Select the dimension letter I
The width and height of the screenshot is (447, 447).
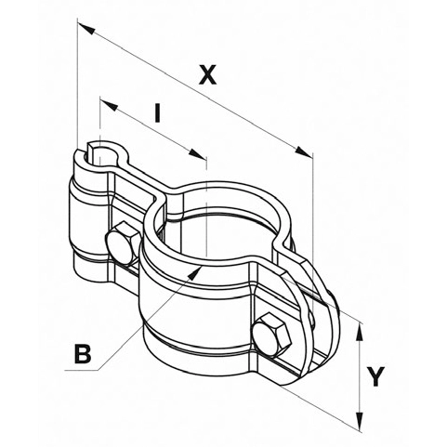[x=158, y=114]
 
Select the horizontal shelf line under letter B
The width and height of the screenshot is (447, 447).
[x=84, y=370]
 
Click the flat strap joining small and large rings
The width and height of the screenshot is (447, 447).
[x=135, y=186]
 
